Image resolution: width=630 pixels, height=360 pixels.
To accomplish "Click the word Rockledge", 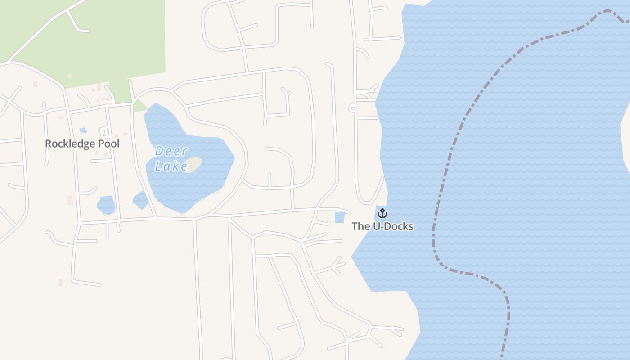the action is (x=70, y=144).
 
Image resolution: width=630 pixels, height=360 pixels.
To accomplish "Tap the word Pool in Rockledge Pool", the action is (x=108, y=144).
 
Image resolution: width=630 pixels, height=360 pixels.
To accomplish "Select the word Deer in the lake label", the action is (x=171, y=151).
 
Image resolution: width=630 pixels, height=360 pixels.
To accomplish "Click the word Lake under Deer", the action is (x=171, y=166).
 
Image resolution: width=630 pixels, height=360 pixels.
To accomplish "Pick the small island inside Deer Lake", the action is (x=193, y=164).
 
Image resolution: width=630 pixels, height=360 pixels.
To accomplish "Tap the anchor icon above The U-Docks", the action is (x=382, y=213).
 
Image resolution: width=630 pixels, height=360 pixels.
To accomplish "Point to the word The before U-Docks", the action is (x=361, y=226).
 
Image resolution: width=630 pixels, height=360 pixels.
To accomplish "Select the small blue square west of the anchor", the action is (x=340, y=218).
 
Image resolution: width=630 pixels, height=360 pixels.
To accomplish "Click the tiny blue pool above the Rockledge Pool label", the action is (x=83, y=130).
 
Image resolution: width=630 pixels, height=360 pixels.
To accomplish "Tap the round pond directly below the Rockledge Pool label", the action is (x=106, y=205).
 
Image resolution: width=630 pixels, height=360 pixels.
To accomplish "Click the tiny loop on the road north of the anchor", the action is (x=352, y=108).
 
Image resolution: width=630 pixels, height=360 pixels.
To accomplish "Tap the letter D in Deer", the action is (x=159, y=151).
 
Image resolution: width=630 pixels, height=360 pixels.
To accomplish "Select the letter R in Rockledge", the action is (x=48, y=144).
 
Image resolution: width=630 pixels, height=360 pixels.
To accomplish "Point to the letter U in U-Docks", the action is (x=377, y=226).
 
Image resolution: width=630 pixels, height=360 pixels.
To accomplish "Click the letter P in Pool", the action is (x=99, y=144).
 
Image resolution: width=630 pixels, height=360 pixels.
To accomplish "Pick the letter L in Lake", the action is (x=158, y=166).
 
